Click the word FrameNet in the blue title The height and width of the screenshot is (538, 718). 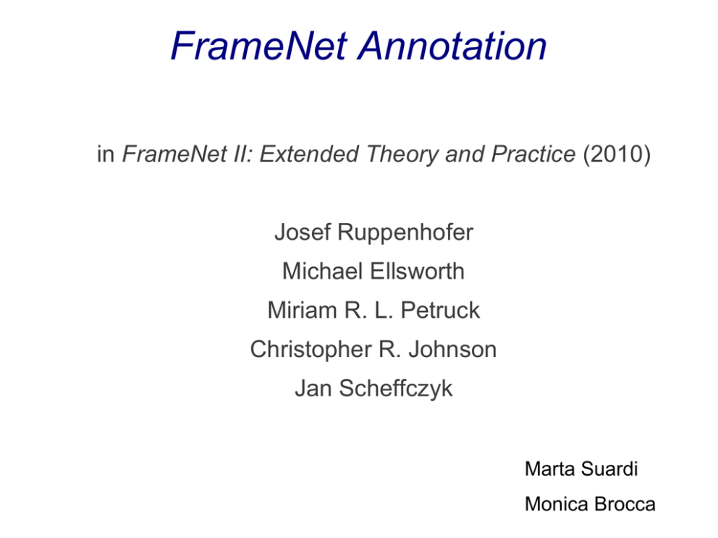tap(260, 46)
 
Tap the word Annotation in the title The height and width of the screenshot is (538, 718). tap(453, 46)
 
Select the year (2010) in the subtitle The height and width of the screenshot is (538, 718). tap(617, 154)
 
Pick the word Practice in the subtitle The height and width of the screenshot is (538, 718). tap(533, 154)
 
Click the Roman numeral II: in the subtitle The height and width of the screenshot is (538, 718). tap(243, 154)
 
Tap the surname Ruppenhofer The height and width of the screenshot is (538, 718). tap(405, 233)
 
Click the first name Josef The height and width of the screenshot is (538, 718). tap(303, 232)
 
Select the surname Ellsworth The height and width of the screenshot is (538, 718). tap(417, 271)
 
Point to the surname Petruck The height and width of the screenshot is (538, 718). tap(440, 310)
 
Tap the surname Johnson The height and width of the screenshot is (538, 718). tap(452, 349)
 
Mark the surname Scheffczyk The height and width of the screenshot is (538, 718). tap(396, 389)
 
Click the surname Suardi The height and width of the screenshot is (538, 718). tap(609, 468)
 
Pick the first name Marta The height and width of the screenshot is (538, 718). tap(549, 468)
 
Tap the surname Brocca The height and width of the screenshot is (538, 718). tap(625, 504)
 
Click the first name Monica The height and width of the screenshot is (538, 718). tap(557, 504)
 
